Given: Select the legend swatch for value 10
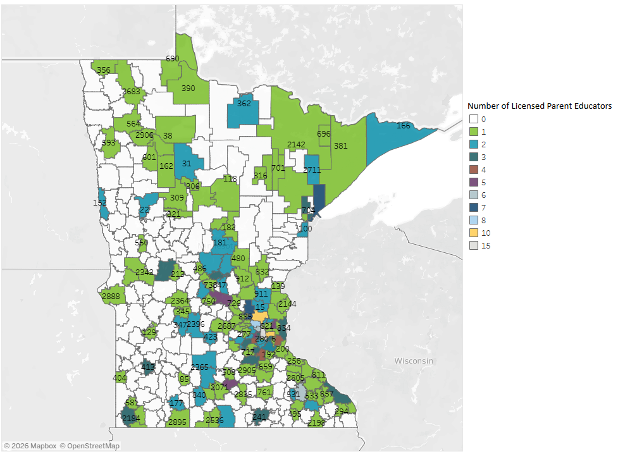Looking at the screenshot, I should coord(473,233).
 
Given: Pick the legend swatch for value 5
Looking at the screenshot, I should coord(473,182).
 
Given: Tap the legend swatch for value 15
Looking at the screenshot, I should coord(473,245).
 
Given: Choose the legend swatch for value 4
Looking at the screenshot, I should coord(473,169).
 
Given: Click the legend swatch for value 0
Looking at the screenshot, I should coord(473,119).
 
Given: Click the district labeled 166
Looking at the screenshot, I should coord(403,126).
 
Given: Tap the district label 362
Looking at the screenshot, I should coord(244,104).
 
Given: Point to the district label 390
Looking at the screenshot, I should coord(188,89).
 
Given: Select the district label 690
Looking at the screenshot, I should coord(173,59).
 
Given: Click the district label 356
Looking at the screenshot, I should coord(104,70).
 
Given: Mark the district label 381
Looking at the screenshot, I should coord(341,146).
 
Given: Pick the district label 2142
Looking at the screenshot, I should coord(296,145).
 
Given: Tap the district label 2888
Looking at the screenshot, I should coord(111,297).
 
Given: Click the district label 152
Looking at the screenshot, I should coord(100,203).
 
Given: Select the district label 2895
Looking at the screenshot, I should coord(178,422).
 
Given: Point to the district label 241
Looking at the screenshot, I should coord(259,417).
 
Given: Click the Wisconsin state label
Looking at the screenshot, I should coord(414,360).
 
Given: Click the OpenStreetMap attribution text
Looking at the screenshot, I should coord(90,446).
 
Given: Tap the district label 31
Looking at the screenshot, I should coord(187,164).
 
